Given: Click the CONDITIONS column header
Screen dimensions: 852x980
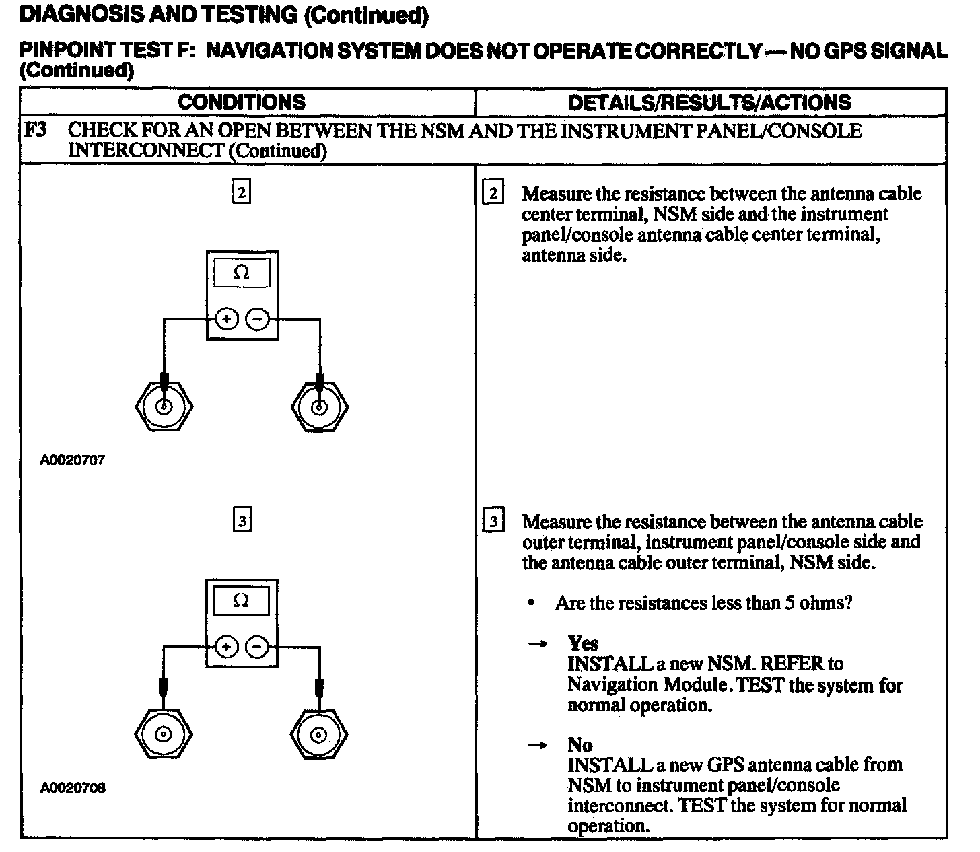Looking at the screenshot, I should coord(242,102).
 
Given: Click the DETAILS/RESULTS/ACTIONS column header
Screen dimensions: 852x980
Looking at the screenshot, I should coord(710,102).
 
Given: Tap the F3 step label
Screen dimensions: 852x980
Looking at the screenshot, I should coord(35,129).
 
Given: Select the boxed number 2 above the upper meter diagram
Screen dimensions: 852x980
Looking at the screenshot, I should coord(242,193).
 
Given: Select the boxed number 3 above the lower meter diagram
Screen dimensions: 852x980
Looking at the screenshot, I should coord(242,521).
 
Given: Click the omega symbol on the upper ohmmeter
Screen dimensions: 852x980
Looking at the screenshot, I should coord(242,273).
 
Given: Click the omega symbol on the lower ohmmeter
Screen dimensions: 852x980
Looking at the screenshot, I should coord(241,601).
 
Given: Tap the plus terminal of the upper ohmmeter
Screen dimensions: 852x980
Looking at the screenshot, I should coord(227,319).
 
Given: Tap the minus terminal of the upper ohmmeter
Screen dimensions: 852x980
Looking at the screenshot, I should coord(256,319).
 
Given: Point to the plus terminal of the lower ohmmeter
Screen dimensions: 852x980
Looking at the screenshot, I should coord(227,647).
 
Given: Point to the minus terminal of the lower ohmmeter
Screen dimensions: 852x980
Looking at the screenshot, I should coord(256,647).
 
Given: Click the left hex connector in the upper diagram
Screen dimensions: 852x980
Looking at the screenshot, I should coord(164,406).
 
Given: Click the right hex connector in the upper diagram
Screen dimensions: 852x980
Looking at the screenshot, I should coord(320,406).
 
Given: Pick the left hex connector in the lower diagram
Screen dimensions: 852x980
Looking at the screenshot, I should coord(164,734).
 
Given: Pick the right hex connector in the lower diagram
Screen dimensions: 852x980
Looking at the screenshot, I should coord(320,734).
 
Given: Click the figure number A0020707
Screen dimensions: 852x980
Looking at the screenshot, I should coord(73,461).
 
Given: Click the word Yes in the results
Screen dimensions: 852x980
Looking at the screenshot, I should coord(582,643).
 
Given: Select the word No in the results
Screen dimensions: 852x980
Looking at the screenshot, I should coord(580,744).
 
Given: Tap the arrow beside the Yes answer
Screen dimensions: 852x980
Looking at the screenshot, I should coord(537,644).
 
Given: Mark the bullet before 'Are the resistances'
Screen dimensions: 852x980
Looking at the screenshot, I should coord(532,604).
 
